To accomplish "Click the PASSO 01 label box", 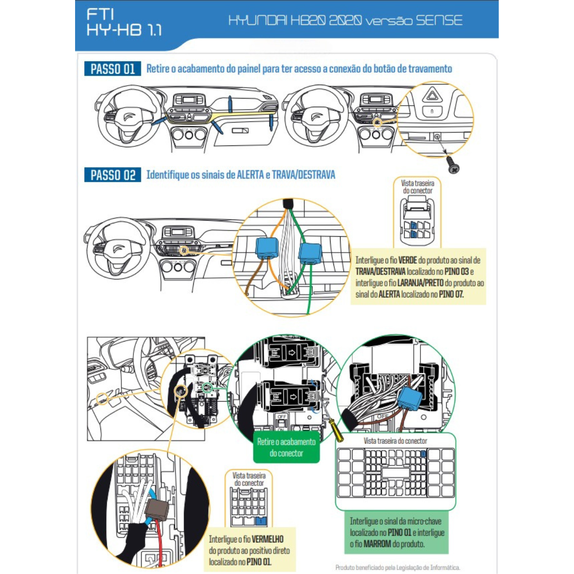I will point(112,69).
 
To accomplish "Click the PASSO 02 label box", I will point(112,175).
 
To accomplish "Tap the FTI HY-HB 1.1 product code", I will point(124,22).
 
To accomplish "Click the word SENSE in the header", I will point(439,21).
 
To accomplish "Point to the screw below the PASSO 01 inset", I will point(453,166).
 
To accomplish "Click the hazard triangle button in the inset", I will point(432,95).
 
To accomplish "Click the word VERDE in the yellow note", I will point(408,261).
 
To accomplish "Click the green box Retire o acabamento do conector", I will point(286,448).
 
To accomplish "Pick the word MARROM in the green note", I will point(377,544).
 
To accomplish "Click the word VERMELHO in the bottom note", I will point(267,539).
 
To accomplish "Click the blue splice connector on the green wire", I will point(310,253).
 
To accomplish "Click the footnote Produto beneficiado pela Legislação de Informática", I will point(397,568).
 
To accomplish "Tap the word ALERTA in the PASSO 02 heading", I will point(250,175).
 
